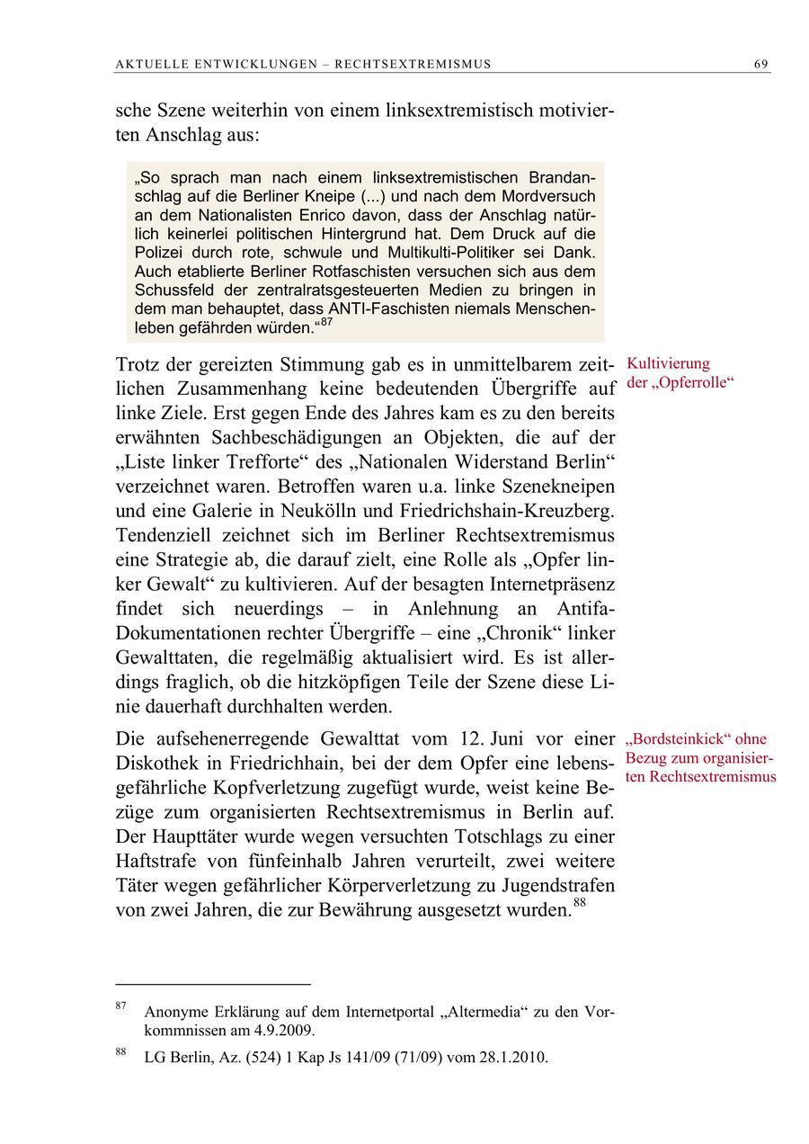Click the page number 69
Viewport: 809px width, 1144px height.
760,64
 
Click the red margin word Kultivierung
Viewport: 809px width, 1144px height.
668,363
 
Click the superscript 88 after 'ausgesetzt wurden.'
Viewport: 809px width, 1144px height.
580,904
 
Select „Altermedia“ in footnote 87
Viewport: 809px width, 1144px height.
482,1012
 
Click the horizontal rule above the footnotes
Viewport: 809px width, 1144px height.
213,985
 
